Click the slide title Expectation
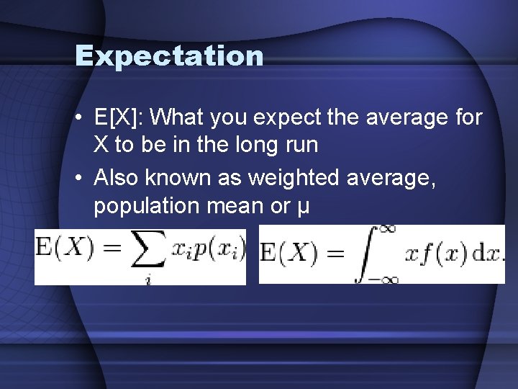[x=169, y=55]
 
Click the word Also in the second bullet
[x=115, y=177]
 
